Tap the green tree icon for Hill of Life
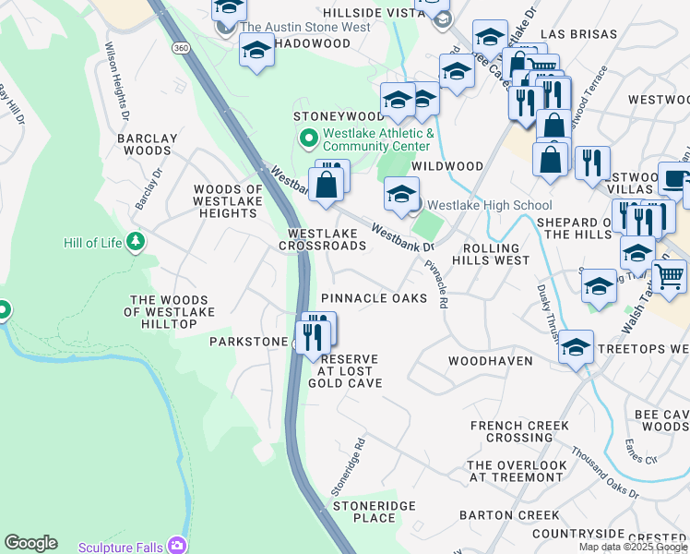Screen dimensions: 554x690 pos(137,241)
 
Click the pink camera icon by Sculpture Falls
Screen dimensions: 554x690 pos(175,546)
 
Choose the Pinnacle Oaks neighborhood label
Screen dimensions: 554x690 pos(374,298)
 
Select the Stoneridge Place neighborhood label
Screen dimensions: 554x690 pos(375,512)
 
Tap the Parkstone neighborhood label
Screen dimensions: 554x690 pos(249,342)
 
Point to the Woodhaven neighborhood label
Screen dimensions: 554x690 pos(491,360)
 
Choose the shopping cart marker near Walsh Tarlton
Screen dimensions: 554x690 pos(669,274)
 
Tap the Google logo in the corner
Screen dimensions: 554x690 pos(30,543)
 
